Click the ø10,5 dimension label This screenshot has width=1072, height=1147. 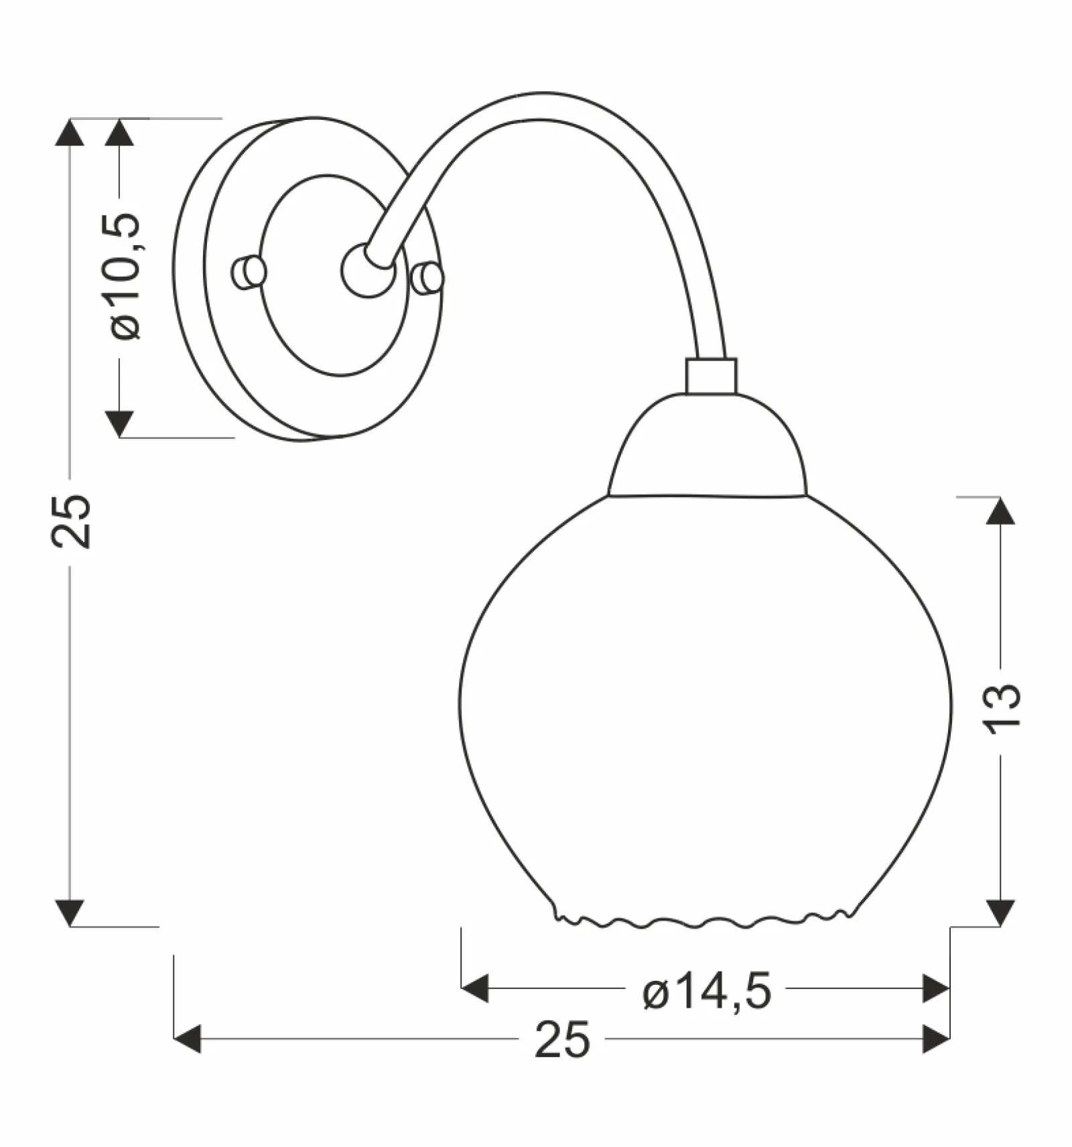tap(125, 277)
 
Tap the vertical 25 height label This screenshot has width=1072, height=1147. tap(71, 522)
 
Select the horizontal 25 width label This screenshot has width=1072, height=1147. tap(563, 1040)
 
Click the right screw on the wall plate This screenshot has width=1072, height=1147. tap(427, 278)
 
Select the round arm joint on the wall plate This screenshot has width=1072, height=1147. tap(367, 271)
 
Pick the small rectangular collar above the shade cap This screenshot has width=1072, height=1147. tap(711, 376)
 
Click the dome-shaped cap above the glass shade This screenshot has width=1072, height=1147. tap(708, 445)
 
